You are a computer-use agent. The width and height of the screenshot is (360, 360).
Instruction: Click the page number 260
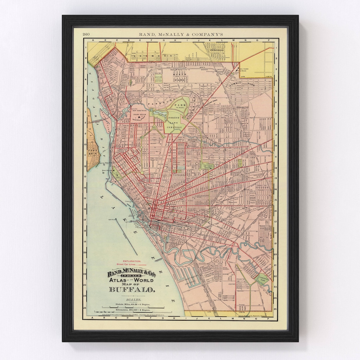tap(86, 34)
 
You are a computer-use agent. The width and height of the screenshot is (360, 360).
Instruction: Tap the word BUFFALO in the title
tap(132, 289)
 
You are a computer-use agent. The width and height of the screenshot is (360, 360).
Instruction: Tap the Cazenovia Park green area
tap(263, 279)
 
